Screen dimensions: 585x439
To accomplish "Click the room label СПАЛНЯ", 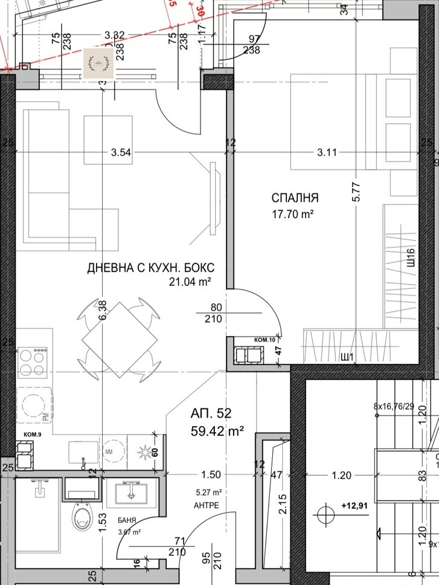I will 295,198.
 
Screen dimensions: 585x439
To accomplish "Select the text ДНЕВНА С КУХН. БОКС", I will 151,268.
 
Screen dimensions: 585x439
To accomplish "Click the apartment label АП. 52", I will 211,414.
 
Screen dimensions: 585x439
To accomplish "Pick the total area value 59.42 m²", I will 217,431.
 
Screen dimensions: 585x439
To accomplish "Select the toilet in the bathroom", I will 82,517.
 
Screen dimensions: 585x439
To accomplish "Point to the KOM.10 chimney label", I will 264,340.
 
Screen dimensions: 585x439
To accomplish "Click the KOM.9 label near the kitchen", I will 32,435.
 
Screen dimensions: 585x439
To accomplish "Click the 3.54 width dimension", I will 121,152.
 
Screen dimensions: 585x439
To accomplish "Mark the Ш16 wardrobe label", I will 411,259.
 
